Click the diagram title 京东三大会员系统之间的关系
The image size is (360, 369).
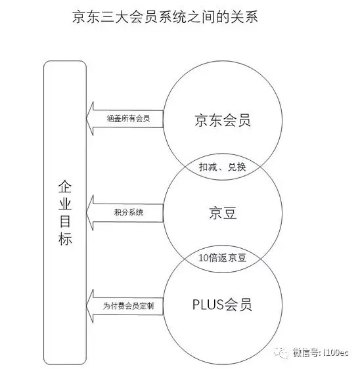[x=165, y=17]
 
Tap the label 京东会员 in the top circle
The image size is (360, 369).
[x=223, y=120]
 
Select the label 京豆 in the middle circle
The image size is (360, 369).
[x=223, y=213]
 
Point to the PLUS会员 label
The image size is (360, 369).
[x=222, y=305]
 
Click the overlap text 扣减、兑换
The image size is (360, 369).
[x=223, y=167]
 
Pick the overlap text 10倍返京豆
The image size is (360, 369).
[x=223, y=258]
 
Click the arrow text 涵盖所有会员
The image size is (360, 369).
[x=128, y=118]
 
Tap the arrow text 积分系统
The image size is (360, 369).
[x=129, y=212]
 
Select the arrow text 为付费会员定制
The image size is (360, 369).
[x=128, y=306]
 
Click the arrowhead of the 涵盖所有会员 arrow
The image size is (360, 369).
[x=87, y=118]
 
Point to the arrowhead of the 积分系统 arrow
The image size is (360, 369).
[x=87, y=213]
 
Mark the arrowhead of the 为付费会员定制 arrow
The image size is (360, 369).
[x=87, y=306]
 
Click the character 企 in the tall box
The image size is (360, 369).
[x=65, y=186]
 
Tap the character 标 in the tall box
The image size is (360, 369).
[x=65, y=239]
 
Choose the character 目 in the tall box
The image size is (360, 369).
[x=65, y=221]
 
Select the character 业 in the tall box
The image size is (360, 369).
[x=65, y=204]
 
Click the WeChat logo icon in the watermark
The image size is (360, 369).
[x=281, y=353]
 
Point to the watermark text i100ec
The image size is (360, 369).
[x=336, y=353]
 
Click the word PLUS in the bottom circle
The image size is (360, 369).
[x=208, y=304]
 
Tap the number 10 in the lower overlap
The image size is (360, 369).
[x=203, y=258]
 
